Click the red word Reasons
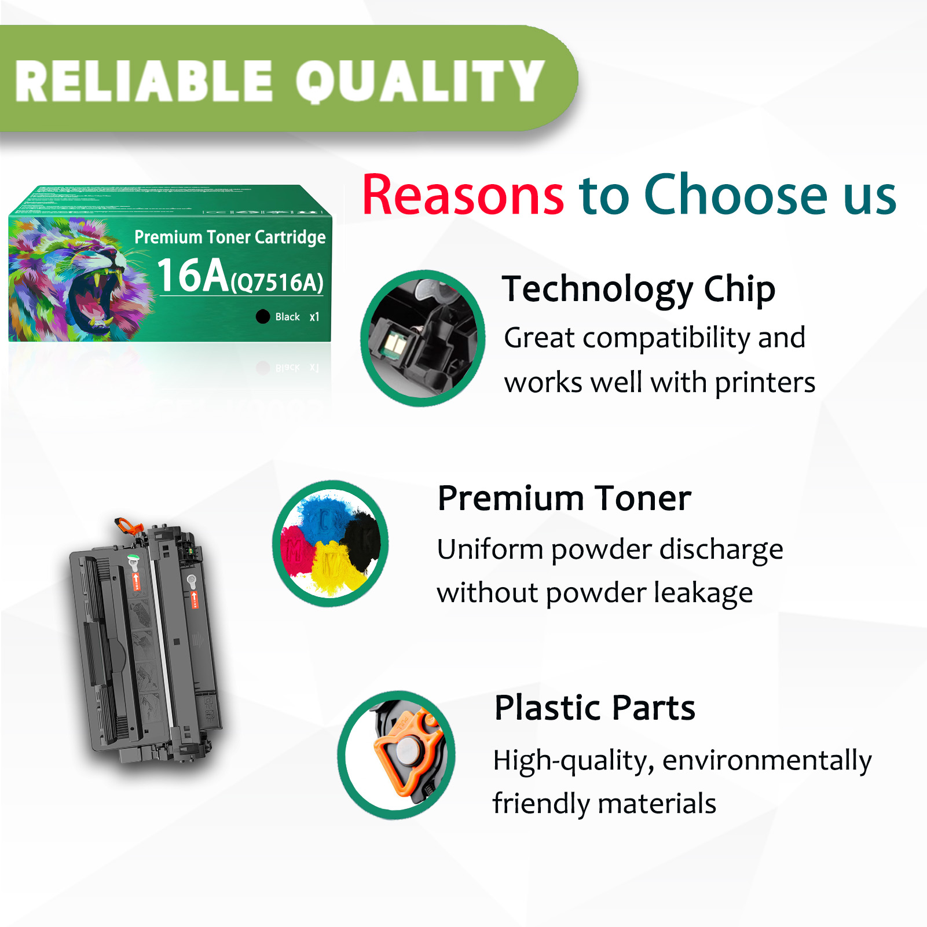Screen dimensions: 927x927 [463, 195]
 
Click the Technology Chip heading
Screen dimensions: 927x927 [638, 289]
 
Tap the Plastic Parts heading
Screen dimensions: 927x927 [594, 708]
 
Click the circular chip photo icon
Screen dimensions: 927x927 [423, 338]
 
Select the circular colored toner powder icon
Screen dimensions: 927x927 [331, 543]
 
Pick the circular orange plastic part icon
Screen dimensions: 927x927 [397, 754]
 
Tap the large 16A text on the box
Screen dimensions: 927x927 [193, 275]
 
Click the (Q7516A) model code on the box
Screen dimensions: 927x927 [277, 283]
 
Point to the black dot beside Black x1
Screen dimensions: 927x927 [263, 316]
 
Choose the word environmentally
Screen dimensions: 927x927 [767, 760]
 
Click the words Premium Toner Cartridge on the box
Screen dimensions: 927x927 [230, 237]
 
